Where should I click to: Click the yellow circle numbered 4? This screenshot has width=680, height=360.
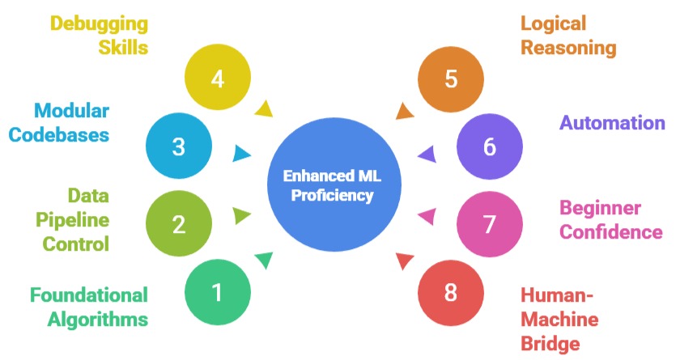pyautogui.click(x=217, y=78)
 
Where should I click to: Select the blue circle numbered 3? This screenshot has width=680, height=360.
pyautogui.click(x=179, y=146)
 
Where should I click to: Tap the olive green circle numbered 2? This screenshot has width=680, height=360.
pyautogui.click(x=179, y=223)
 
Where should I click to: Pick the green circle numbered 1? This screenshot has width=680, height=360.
pyautogui.click(x=217, y=291)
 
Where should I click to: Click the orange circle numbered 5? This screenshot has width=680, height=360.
pyautogui.click(x=451, y=78)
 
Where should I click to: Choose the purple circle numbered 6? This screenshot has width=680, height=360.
pyautogui.click(x=489, y=146)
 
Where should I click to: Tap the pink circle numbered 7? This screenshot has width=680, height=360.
pyautogui.click(x=489, y=223)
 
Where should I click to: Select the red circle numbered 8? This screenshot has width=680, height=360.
pyautogui.click(x=451, y=291)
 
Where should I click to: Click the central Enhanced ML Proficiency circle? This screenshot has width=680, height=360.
pyautogui.click(x=334, y=185)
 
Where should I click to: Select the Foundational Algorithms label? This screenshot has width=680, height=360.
pyautogui.click(x=89, y=307)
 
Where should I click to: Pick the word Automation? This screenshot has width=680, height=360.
pyautogui.click(x=612, y=123)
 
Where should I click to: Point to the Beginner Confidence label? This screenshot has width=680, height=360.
pyautogui.click(x=612, y=220)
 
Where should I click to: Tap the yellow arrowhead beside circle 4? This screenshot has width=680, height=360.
pyautogui.click(x=263, y=108)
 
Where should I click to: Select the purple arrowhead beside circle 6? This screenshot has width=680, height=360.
pyautogui.click(x=427, y=153)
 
